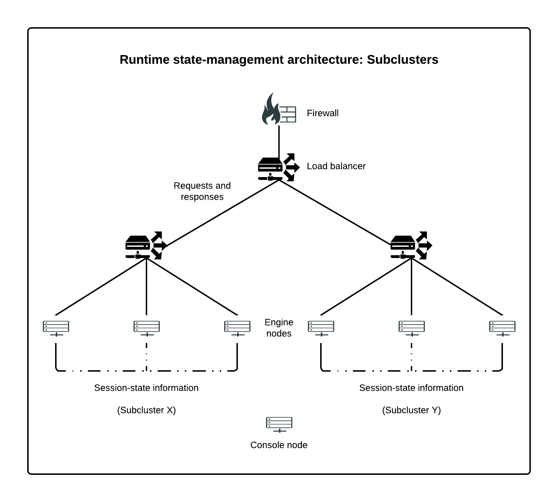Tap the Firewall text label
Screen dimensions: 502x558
[x=323, y=113]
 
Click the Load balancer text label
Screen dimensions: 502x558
[x=336, y=166]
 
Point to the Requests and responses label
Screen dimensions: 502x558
[x=202, y=191]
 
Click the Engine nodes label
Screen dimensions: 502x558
[x=279, y=328]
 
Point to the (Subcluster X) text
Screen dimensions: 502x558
[x=146, y=410]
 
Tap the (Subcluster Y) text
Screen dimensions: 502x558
[x=412, y=410]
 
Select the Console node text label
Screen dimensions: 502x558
[x=279, y=445]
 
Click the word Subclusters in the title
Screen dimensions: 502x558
[x=402, y=60]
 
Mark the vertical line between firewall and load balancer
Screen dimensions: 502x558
[x=279, y=141]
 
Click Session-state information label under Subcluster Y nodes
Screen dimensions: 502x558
[x=411, y=388]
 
